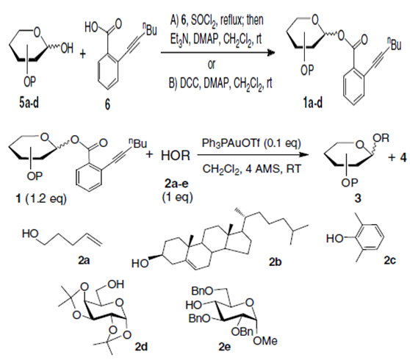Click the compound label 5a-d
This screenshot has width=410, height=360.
[29, 103]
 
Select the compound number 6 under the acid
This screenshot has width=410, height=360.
[107, 104]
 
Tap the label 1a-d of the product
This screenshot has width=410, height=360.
[313, 103]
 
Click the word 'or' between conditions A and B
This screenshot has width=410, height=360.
[212, 65]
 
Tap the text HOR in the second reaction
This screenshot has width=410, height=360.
[176, 156]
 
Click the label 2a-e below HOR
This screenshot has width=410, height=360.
[176, 184]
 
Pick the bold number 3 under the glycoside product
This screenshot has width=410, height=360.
[357, 198]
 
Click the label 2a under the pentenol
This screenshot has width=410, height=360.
[84, 260]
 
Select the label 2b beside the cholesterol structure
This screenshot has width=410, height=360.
[275, 262]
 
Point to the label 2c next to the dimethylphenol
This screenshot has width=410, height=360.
[389, 260]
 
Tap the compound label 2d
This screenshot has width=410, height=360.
[141, 347]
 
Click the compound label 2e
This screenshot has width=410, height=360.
[225, 347]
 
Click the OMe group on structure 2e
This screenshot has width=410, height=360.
[265, 341]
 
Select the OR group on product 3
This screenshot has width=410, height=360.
[381, 138]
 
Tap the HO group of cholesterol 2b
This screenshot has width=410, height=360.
[140, 263]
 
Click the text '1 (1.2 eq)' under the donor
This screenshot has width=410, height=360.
[41, 199]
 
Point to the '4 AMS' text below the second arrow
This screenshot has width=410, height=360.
[262, 169]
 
